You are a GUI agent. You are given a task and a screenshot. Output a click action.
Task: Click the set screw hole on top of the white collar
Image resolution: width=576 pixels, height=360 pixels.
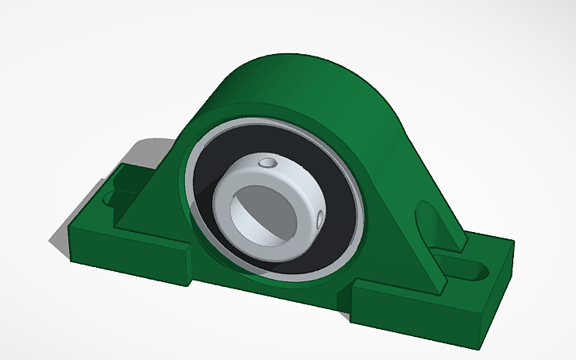(269, 164)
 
